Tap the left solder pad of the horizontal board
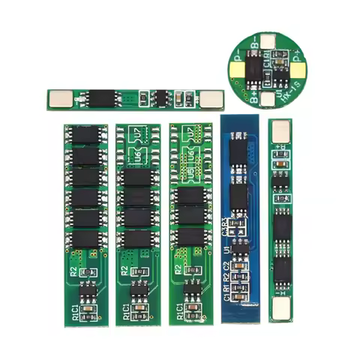(x=57, y=97)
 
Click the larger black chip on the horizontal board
(x=100, y=97)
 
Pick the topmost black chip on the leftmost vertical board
(x=85, y=135)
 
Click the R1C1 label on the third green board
(x=179, y=309)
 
